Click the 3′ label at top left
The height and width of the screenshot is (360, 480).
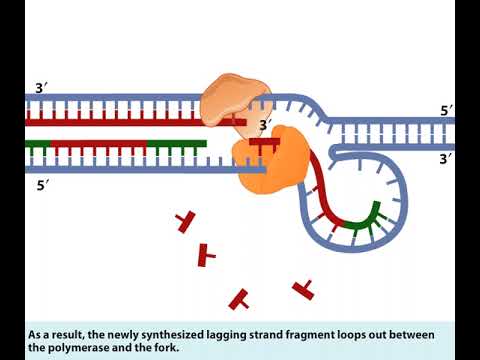(41, 88)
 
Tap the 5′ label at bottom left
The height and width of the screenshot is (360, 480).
(41, 185)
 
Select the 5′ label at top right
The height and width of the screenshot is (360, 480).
(444, 111)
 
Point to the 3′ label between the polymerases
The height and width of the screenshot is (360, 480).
(265, 125)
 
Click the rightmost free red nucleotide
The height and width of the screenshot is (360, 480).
(303, 289)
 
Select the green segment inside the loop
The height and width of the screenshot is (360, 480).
(364, 218)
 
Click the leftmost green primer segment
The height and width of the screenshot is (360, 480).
(37, 144)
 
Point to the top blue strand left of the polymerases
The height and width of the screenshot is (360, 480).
(110, 100)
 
